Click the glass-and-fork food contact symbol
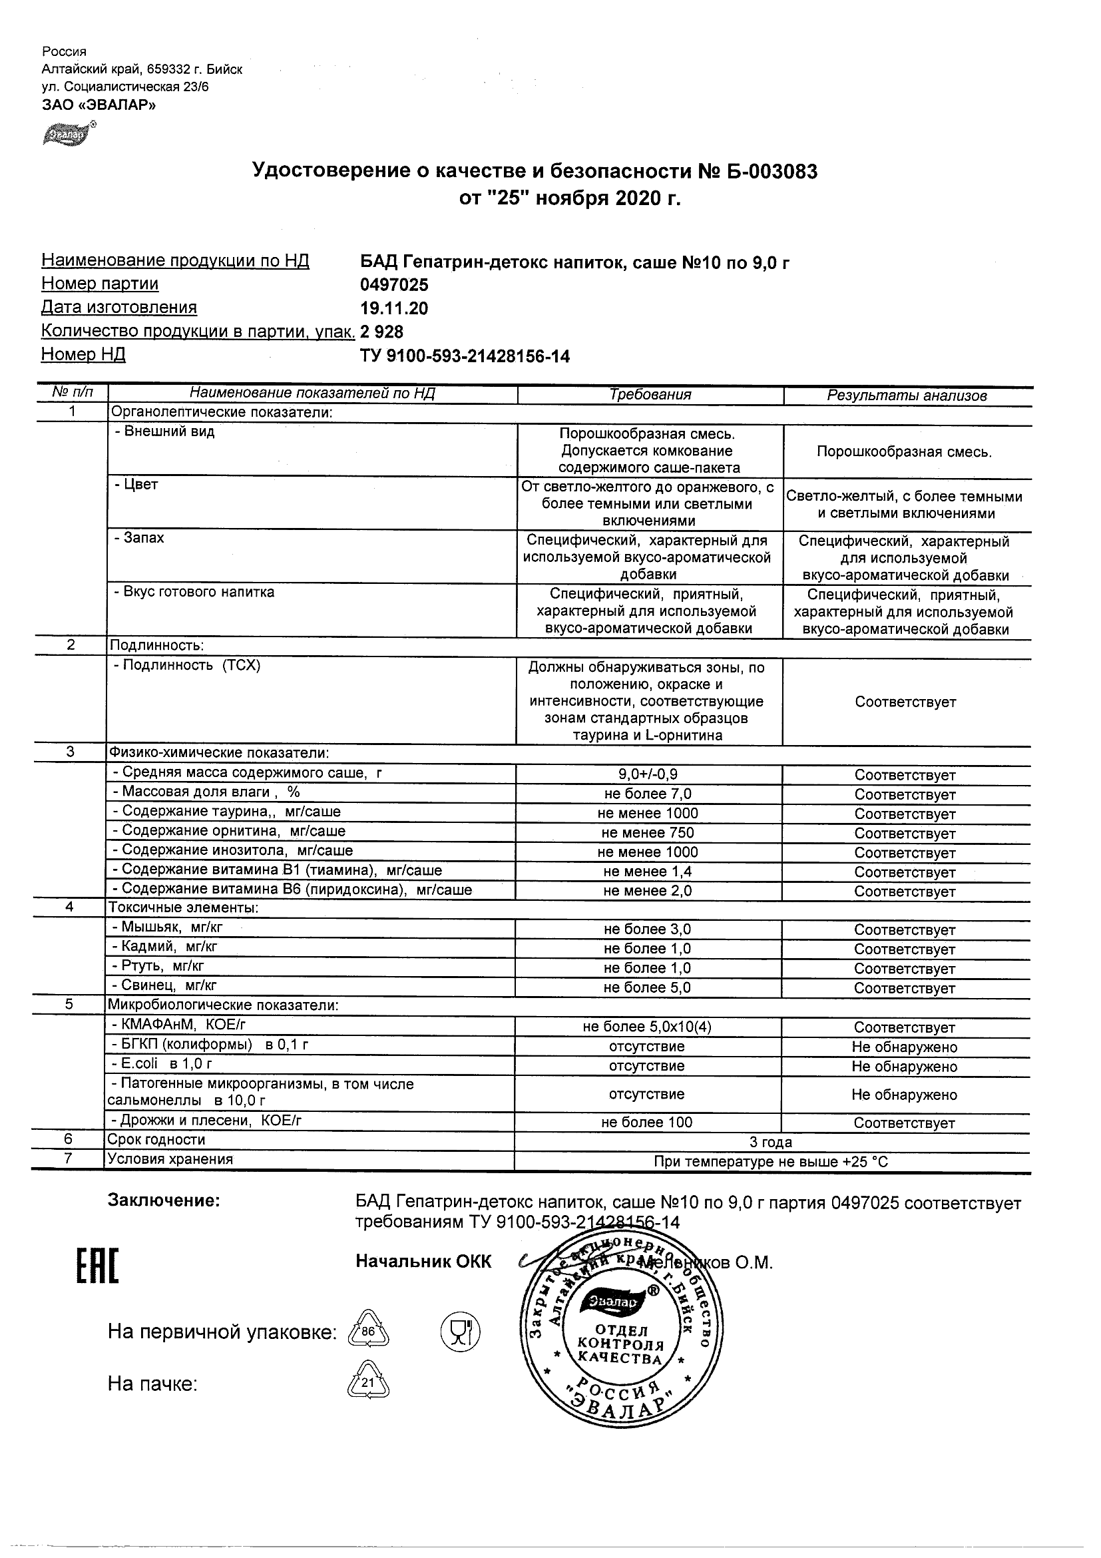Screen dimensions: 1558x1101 (461, 1332)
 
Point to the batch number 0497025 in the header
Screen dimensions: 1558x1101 (394, 285)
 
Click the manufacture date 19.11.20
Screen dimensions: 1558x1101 (394, 309)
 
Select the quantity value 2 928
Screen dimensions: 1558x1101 (382, 332)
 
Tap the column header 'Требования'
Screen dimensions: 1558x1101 (650, 395)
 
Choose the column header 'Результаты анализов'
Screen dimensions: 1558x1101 (907, 395)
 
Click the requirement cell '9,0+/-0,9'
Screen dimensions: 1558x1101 (648, 775)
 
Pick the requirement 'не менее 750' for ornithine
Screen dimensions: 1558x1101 (648, 834)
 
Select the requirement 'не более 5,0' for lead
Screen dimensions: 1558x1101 (647, 988)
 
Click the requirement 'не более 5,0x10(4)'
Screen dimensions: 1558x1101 (647, 1027)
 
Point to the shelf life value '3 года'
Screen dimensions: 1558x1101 (771, 1143)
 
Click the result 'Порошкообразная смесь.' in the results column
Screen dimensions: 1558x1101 (904, 452)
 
